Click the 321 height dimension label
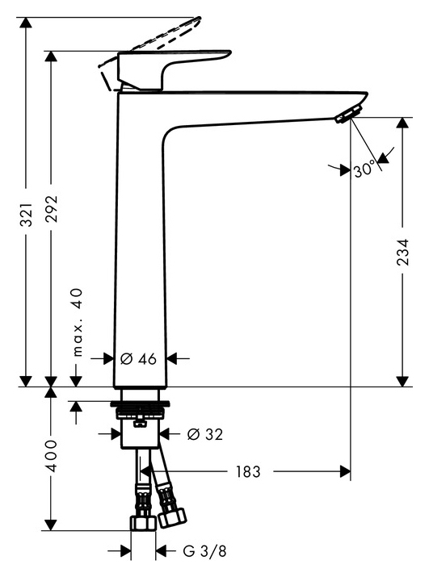[26, 215]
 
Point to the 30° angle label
[364, 170]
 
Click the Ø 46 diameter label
[138, 357]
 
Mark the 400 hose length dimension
[50, 458]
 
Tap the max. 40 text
[78, 323]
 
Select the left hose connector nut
[142, 525]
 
